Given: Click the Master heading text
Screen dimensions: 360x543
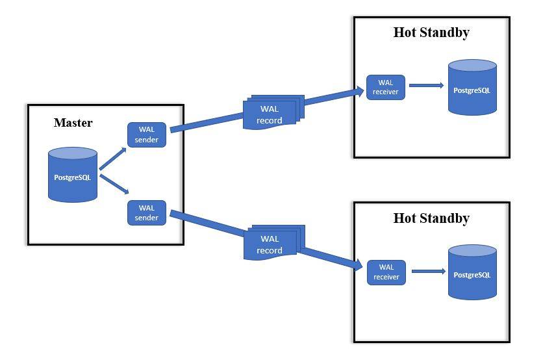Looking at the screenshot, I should [73, 123].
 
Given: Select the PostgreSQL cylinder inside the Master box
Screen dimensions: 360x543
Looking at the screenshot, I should [73, 174].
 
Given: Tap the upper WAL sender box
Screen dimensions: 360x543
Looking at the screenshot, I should [147, 135].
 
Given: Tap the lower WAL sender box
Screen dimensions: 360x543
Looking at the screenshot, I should [147, 212].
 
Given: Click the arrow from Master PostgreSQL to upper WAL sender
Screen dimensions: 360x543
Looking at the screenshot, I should [112, 157].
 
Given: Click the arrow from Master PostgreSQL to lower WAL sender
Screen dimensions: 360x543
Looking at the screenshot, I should [113, 186].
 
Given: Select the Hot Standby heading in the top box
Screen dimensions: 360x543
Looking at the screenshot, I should [431, 32].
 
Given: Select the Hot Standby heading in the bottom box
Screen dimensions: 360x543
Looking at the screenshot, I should [431, 218].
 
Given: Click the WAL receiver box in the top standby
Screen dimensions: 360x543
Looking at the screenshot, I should [386, 87].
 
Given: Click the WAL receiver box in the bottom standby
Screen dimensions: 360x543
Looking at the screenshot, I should [386, 272].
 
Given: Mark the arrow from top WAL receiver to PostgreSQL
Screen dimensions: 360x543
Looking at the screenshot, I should [426, 85].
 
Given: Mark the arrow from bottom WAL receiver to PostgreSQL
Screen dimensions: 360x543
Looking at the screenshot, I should [427, 272].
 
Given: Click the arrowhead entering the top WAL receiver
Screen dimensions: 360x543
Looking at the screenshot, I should [359, 90].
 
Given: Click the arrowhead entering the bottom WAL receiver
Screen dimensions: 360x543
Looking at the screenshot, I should [358, 265].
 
